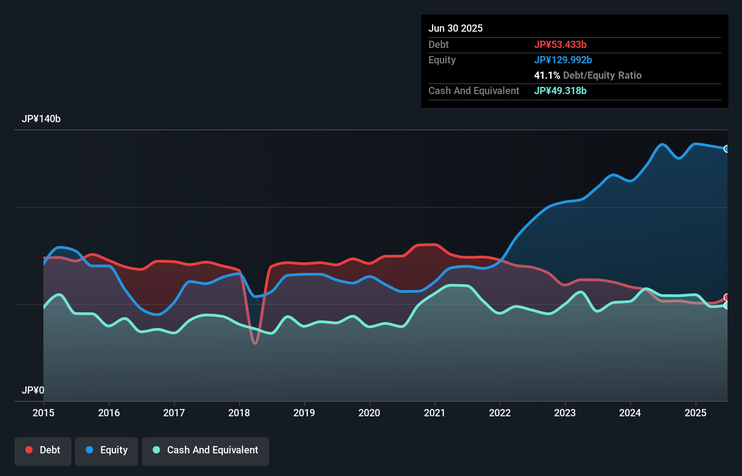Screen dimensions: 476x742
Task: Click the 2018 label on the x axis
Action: click(x=239, y=413)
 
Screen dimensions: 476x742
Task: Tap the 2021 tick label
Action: click(x=434, y=413)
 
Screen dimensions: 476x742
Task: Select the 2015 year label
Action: click(x=43, y=413)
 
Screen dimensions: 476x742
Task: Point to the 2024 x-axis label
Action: click(x=630, y=413)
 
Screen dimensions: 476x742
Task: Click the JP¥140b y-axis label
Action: click(x=41, y=119)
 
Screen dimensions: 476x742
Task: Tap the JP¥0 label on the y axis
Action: click(x=33, y=390)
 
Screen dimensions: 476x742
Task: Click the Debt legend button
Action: click(x=43, y=450)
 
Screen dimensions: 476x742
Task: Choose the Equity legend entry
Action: click(x=107, y=450)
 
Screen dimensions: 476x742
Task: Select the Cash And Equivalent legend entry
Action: click(x=206, y=450)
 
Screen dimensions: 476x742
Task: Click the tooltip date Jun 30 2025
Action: click(x=456, y=29)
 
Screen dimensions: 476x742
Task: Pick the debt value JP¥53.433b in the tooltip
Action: click(x=560, y=45)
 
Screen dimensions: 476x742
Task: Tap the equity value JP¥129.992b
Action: click(x=563, y=60)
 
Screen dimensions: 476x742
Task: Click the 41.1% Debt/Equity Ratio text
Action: click(x=587, y=76)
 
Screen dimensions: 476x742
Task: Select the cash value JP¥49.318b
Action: click(x=560, y=91)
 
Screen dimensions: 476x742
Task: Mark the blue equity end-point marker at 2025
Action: click(x=727, y=149)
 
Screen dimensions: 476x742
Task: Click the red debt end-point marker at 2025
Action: click(x=727, y=297)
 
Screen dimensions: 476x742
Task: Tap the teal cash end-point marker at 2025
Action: click(x=727, y=305)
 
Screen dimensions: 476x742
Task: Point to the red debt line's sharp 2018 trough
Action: click(x=255, y=343)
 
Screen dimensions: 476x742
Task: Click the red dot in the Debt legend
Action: click(x=29, y=450)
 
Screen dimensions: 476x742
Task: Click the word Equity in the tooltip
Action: click(x=442, y=60)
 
